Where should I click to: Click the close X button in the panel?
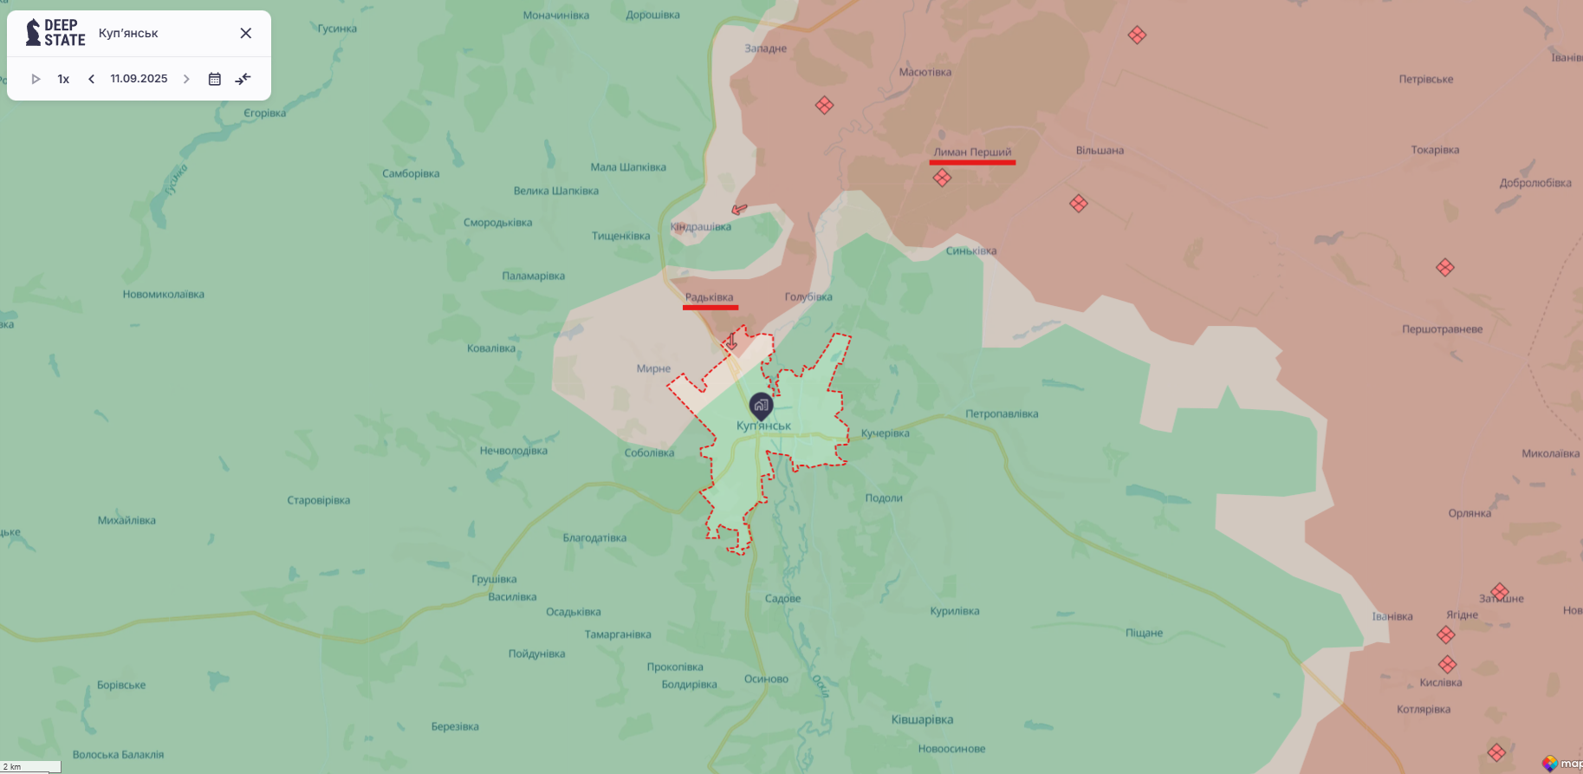(x=246, y=33)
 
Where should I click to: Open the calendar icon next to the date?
(x=215, y=79)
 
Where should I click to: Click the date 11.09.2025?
(x=139, y=79)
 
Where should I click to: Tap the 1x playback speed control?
(x=63, y=79)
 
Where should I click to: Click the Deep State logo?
(x=55, y=33)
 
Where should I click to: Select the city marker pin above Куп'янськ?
(x=761, y=405)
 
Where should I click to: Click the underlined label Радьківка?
(x=709, y=297)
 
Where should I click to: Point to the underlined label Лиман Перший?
(x=972, y=153)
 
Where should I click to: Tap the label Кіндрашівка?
(x=701, y=227)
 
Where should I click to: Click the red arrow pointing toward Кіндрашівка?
(x=739, y=209)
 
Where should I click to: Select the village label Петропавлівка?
(x=1002, y=414)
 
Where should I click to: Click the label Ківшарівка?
(x=922, y=719)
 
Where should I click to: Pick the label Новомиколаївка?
(x=164, y=295)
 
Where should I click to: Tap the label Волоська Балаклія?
(x=118, y=755)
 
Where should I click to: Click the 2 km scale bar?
(x=30, y=767)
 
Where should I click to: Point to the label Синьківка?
(x=971, y=251)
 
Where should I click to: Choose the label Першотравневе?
(x=1443, y=329)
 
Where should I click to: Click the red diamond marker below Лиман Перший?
(x=942, y=178)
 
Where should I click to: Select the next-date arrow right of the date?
(x=186, y=79)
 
